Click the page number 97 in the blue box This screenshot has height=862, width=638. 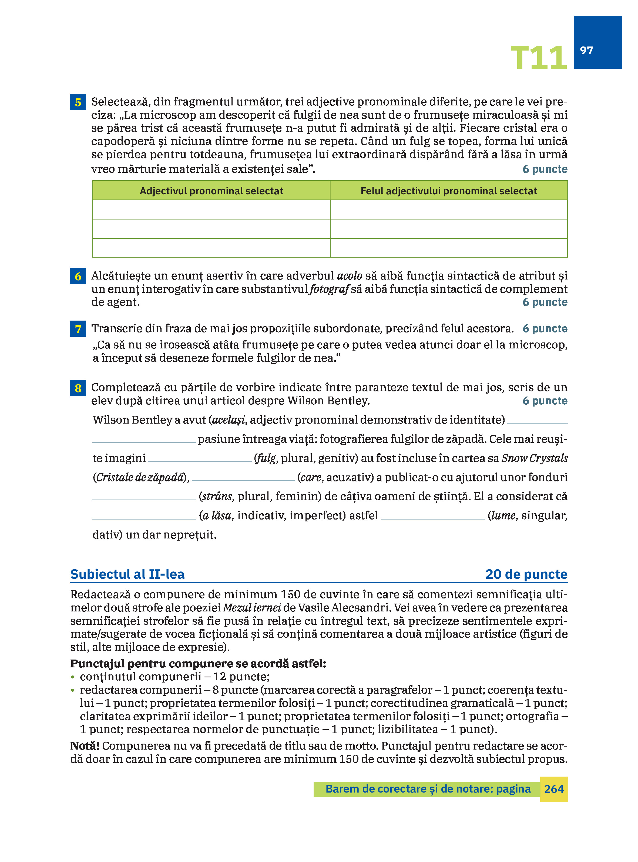pos(586,51)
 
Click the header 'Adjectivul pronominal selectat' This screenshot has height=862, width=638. pos(211,191)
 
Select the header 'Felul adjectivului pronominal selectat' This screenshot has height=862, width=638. pos(448,191)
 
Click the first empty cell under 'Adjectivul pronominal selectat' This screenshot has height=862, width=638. pos(211,209)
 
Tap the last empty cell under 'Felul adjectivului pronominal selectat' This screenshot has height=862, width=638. pos(448,248)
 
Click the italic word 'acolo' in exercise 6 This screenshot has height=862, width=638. pos(350,276)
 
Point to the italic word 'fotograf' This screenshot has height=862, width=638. pos(329,289)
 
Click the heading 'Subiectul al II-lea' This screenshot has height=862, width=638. pos(127,574)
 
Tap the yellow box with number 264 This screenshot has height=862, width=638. pos(553,789)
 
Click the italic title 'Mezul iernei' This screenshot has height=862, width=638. pos(252,608)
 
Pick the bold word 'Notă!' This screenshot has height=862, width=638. pos(85,746)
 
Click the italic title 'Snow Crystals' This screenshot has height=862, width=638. pos(535,458)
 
